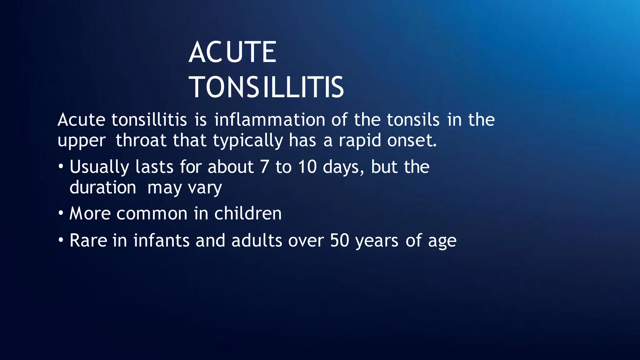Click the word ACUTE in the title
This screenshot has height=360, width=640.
(x=232, y=52)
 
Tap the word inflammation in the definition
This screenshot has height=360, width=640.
(x=270, y=120)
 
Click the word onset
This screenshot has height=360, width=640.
(x=412, y=141)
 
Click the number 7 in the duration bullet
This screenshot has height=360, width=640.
(x=264, y=167)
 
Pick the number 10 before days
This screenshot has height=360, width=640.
(x=307, y=167)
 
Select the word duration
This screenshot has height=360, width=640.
(x=102, y=187)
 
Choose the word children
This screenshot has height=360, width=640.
(x=248, y=213)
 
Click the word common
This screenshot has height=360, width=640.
(x=152, y=214)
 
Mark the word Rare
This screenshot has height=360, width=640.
(x=88, y=241)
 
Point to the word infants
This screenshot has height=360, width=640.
(x=161, y=241)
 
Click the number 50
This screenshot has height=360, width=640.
(x=339, y=241)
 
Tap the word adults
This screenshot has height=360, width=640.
(x=257, y=241)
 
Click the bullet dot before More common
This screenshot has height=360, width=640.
(x=61, y=213)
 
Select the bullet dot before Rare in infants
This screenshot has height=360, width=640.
(x=61, y=240)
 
